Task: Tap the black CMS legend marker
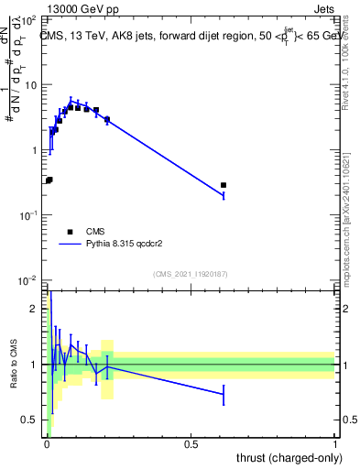70,232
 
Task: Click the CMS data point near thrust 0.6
224,185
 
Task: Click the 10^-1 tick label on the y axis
28,215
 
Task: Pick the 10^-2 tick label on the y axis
28,280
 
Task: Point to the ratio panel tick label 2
36,309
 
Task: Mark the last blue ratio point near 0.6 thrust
224,394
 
